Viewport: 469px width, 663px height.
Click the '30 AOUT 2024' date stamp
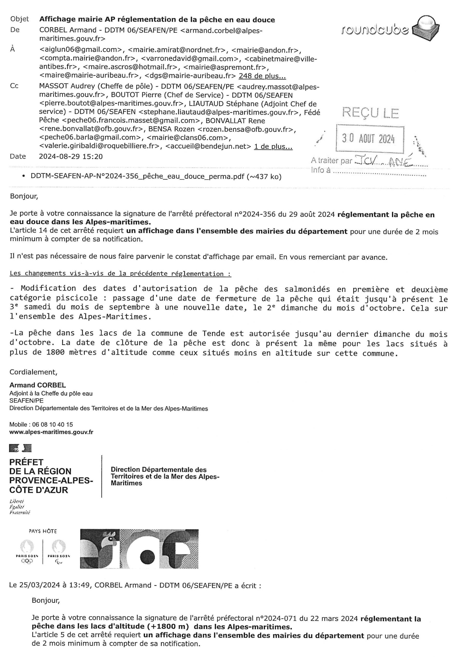(368, 139)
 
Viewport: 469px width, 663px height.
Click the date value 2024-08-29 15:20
(71, 156)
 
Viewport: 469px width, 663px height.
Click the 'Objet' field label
(19, 19)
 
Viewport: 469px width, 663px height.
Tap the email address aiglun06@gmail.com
(81, 50)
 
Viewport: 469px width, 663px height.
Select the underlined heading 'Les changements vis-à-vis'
(120, 273)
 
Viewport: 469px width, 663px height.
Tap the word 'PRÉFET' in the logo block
(26, 462)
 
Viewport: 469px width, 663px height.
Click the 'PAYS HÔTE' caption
(43, 531)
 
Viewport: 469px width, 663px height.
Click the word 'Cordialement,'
(33, 372)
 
